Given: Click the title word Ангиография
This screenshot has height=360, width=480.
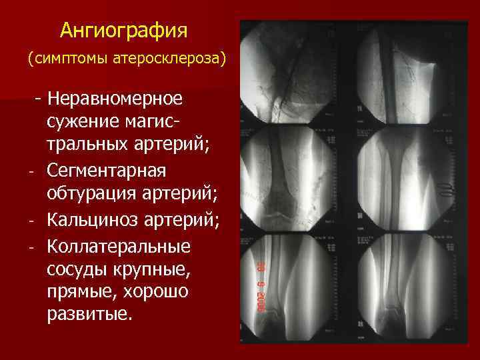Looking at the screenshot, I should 124,30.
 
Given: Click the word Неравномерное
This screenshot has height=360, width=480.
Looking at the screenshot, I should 115,99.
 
